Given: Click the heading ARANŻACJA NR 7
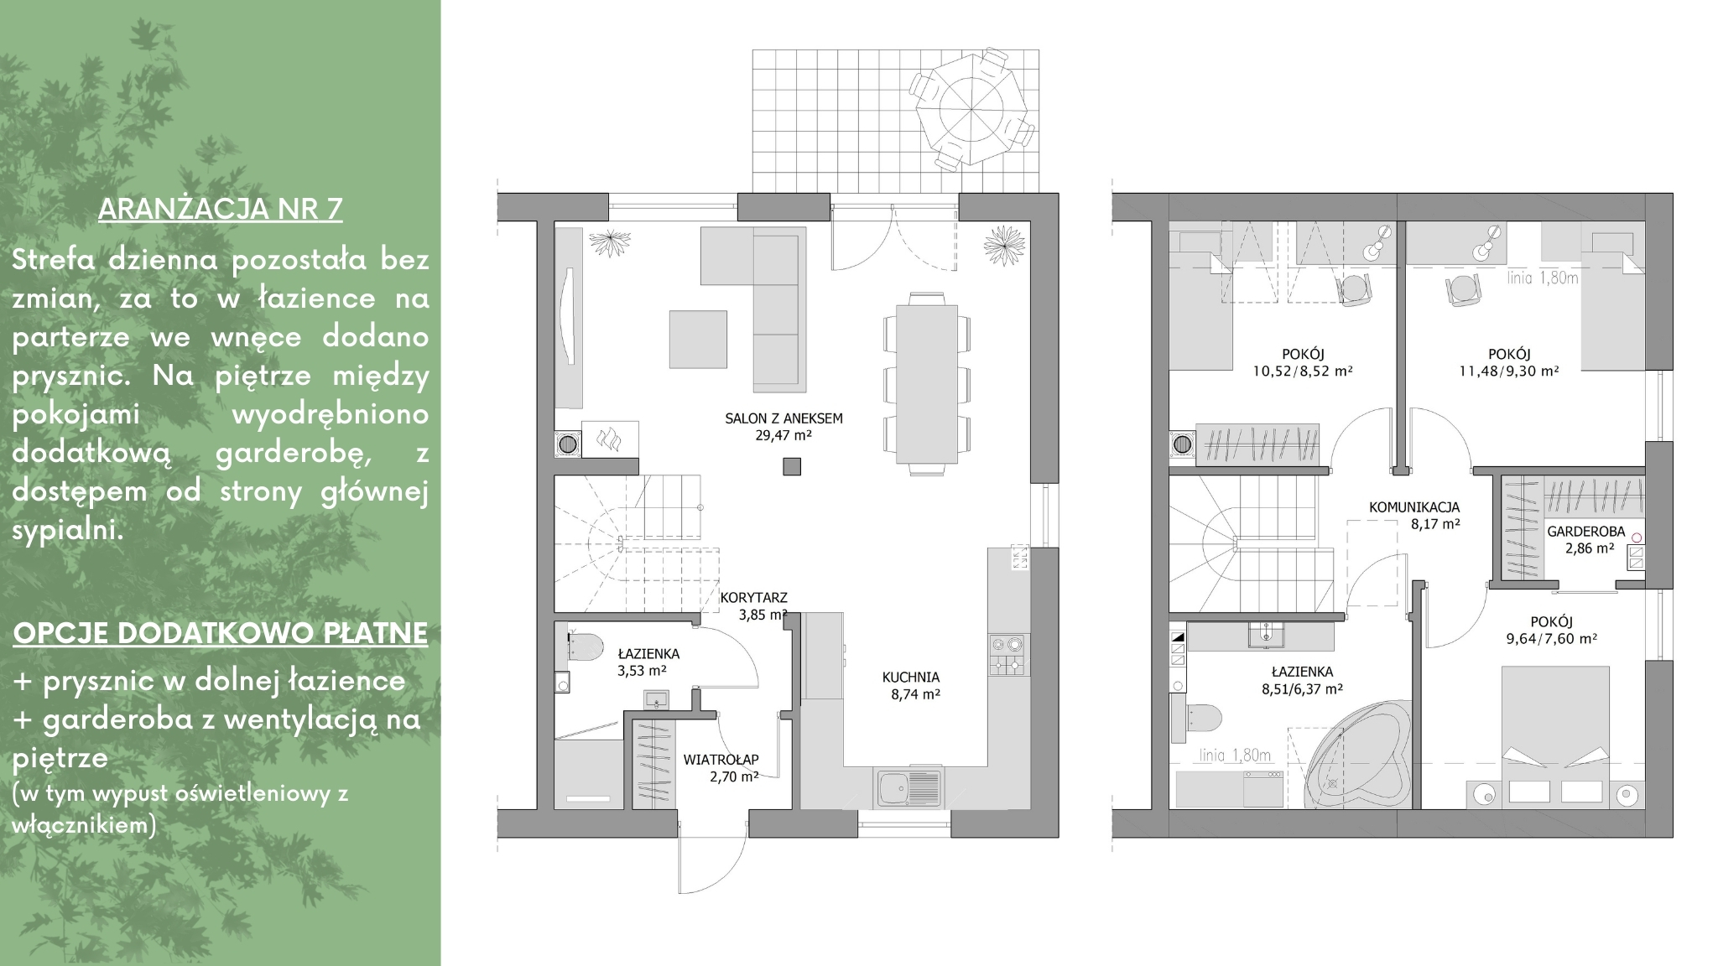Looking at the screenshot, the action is [221, 209].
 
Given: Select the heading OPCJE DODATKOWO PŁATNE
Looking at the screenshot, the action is [221, 634].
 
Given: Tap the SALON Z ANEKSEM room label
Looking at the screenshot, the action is [784, 418].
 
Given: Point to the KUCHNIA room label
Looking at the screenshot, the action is [910, 677].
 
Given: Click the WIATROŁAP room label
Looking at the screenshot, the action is [721, 760].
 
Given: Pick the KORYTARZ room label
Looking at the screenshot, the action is [753, 598].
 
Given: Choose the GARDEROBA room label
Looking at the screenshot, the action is [1585, 532].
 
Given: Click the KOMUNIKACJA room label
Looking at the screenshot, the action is [1414, 507].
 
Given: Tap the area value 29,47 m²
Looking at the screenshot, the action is [784, 436].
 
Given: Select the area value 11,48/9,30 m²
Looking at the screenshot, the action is [1509, 371].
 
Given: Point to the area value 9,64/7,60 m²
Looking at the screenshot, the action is [1550, 638].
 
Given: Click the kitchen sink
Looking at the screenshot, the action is [909, 787].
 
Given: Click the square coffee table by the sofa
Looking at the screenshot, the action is [698, 339].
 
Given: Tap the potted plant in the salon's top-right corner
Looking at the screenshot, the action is [1004, 245].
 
